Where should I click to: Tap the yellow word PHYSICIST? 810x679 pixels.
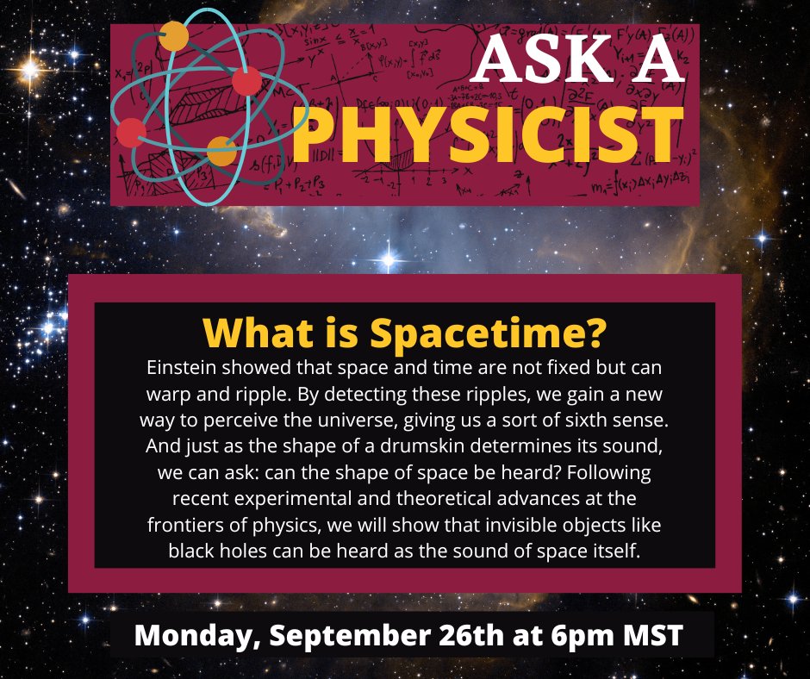tap(485, 135)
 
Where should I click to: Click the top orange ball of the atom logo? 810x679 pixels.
tap(174, 35)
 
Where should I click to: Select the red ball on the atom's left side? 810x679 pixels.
tap(132, 133)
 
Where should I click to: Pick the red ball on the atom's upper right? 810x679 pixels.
tap(246, 82)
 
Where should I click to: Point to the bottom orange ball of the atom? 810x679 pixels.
tap(221, 151)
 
